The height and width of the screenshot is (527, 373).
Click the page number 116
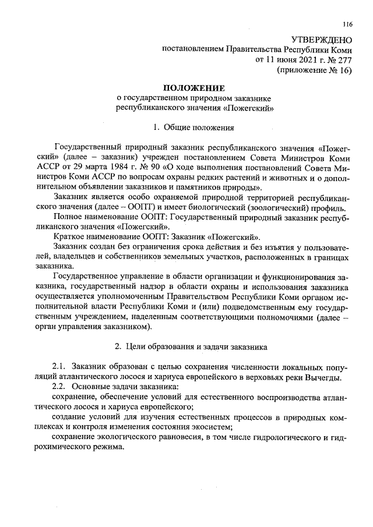coord(347,24)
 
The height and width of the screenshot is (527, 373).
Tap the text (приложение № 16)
coord(314,70)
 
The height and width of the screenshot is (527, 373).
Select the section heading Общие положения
coord(198,126)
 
